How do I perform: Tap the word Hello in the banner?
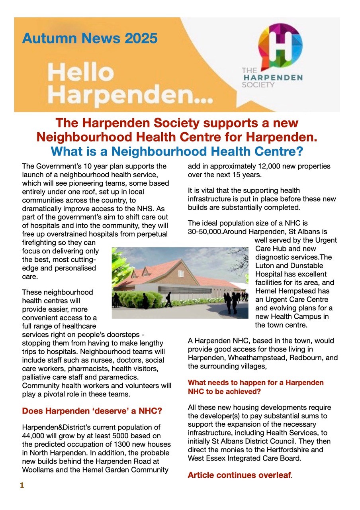pyautogui.click(x=81, y=73)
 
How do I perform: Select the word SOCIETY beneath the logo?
pyautogui.click(x=258, y=84)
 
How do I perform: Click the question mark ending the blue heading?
pyautogui.click(x=300, y=151)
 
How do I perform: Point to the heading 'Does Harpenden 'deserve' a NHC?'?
pyautogui.click(x=92, y=411)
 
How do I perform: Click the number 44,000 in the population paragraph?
pyautogui.click(x=35, y=436)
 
